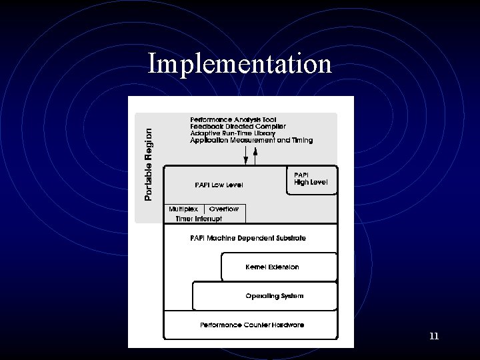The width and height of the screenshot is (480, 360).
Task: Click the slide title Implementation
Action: click(x=239, y=64)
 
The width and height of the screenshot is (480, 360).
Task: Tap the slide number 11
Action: click(x=434, y=337)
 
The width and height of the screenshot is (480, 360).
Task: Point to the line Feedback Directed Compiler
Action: click(x=237, y=126)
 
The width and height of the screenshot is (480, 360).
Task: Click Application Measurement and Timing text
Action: click(x=251, y=141)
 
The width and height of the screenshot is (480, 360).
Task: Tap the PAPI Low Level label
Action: click(x=219, y=184)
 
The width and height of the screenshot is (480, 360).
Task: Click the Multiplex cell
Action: click(x=183, y=209)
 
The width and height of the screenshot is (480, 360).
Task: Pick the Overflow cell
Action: click(x=224, y=209)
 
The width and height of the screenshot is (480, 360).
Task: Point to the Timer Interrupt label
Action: click(x=199, y=218)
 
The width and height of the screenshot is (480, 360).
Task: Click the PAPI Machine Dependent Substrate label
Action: click(x=249, y=238)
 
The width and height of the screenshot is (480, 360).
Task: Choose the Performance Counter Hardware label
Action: click(x=252, y=325)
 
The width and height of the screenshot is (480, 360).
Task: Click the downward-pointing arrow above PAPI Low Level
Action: click(x=245, y=157)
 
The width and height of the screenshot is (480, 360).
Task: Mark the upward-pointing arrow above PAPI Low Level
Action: click(x=257, y=157)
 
